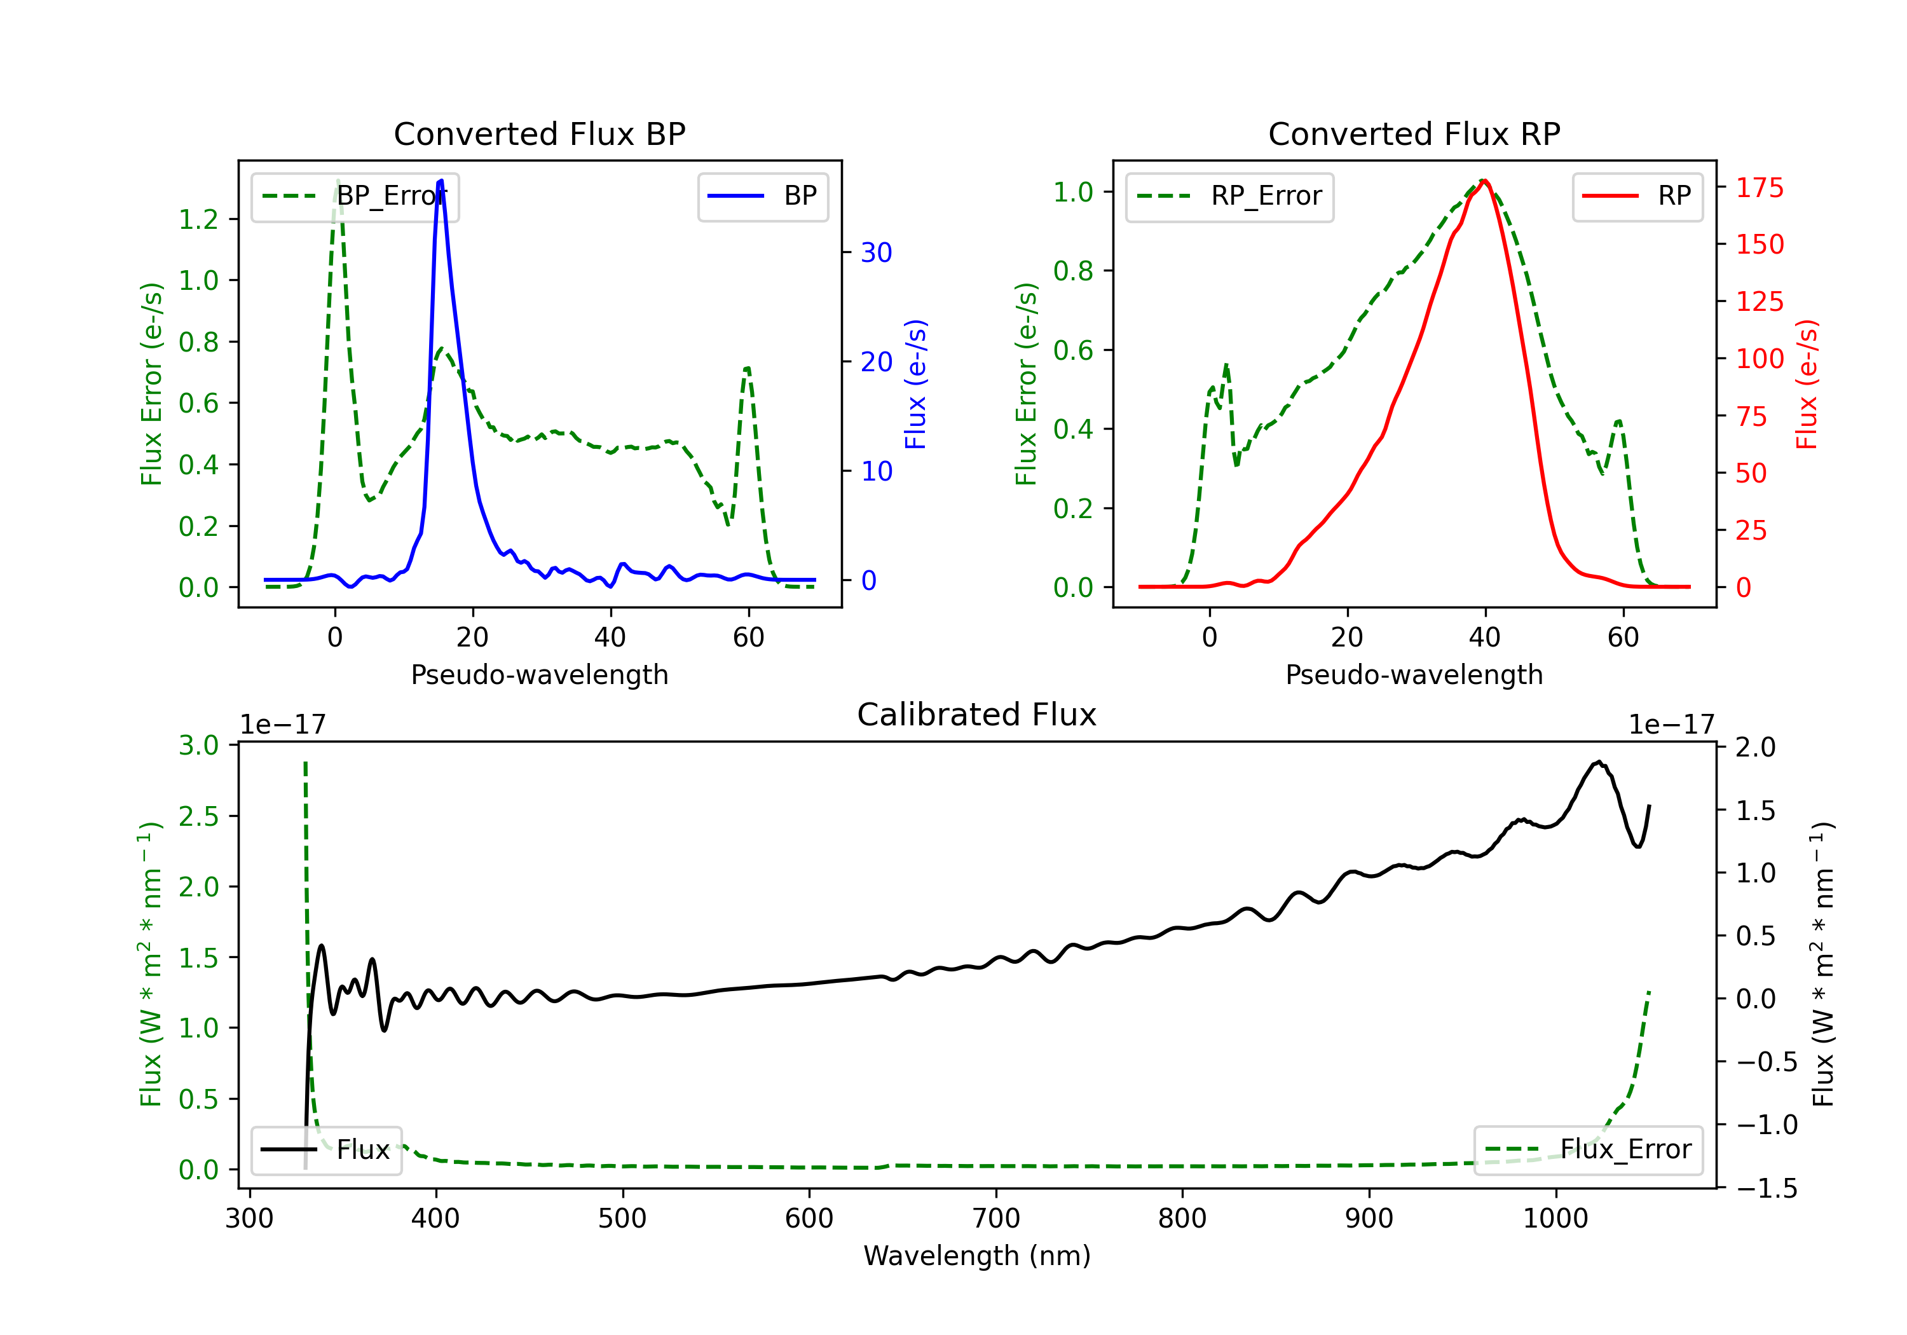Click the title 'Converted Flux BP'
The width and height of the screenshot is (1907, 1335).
(x=539, y=133)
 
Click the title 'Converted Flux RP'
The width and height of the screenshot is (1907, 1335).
(x=1414, y=133)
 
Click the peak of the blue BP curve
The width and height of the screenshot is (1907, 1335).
(x=441, y=181)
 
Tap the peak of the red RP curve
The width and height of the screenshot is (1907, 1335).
(x=1484, y=181)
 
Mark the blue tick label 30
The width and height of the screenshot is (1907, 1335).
(x=875, y=252)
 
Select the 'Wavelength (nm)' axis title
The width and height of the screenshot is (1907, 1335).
(x=977, y=1256)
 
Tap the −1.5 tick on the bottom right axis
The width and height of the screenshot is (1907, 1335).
(x=1766, y=1189)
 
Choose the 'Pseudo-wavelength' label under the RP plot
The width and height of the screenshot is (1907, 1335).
(x=1414, y=674)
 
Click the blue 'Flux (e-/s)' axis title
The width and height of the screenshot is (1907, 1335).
(x=915, y=385)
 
